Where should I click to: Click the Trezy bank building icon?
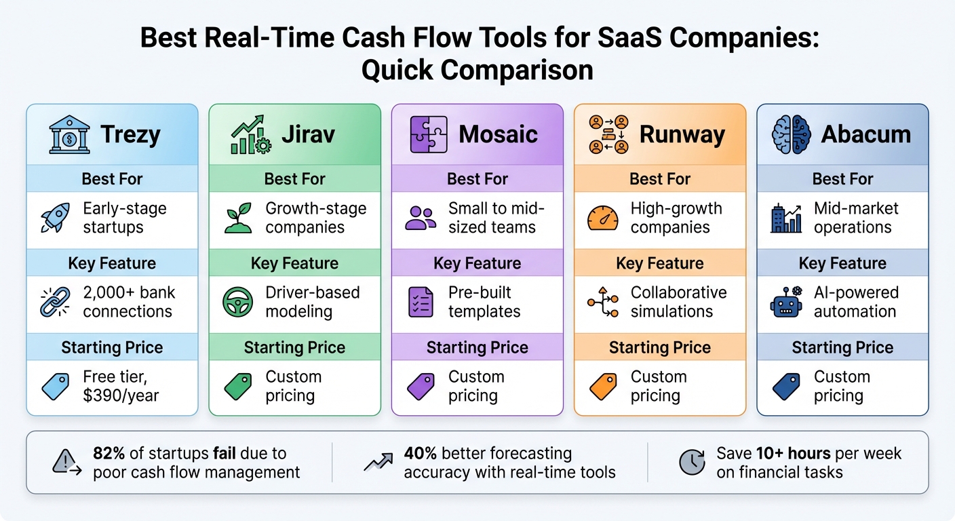[69, 134]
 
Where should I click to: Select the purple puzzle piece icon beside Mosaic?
[428, 134]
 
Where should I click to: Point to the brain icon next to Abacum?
[791, 134]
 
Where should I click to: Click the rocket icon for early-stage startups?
[56, 218]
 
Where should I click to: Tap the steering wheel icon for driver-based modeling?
[237, 303]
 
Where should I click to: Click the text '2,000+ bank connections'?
[129, 303]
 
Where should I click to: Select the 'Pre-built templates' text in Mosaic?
[484, 303]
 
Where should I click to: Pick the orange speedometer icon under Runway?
[603, 218]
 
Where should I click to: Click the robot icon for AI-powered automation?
[786, 303]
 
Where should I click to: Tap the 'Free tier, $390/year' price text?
[121, 387]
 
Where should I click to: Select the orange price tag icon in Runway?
[603, 387]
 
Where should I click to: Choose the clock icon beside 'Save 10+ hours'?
[693, 463]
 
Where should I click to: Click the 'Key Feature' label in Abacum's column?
[842, 263]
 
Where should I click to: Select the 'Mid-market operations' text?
[855, 218]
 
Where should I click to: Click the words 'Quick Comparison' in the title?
[477, 70]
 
